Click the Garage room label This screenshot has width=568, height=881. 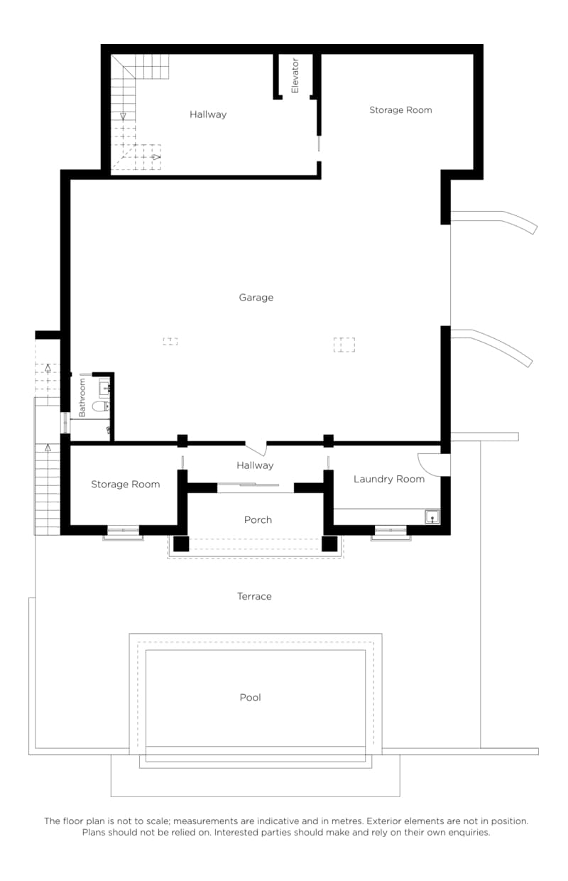[x=256, y=298]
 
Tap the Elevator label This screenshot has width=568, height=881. [x=295, y=75]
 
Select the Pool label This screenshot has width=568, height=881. [x=250, y=697]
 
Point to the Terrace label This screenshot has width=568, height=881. [x=254, y=596]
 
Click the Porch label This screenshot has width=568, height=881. [x=258, y=519]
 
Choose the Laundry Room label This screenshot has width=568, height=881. [x=389, y=479]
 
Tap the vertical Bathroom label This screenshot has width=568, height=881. [x=82, y=397]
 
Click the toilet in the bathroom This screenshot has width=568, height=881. [x=100, y=406]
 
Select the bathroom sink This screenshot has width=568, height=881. [x=104, y=388]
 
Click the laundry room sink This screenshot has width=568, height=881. [x=432, y=517]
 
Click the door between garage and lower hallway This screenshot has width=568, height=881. [x=256, y=448]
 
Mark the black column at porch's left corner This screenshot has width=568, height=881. [x=181, y=544]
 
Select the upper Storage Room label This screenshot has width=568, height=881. [x=400, y=110]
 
